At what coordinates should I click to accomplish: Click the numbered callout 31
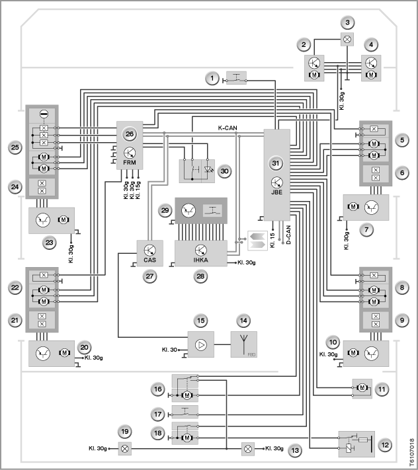(276, 164)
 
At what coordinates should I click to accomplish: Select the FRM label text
(130, 163)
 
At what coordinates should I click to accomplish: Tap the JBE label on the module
(276, 192)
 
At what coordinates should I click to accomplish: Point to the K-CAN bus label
(228, 128)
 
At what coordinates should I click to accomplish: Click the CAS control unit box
(150, 253)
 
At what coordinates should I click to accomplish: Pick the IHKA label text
(201, 260)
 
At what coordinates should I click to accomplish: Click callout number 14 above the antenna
(243, 321)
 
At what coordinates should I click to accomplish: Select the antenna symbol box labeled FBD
(244, 344)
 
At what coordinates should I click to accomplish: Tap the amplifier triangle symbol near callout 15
(201, 344)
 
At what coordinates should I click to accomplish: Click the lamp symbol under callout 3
(347, 39)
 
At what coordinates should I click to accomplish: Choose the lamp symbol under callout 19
(125, 449)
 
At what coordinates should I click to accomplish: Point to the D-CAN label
(288, 235)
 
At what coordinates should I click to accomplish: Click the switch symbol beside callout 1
(236, 78)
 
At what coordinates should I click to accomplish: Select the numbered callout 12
(385, 445)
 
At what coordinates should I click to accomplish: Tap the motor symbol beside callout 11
(362, 388)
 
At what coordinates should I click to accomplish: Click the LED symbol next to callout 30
(208, 171)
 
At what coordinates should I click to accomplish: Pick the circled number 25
(15, 147)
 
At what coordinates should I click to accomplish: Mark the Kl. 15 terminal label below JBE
(272, 240)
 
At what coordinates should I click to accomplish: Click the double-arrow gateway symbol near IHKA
(257, 241)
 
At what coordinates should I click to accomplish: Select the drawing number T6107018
(411, 453)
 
